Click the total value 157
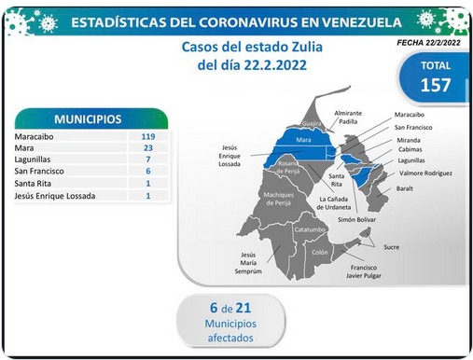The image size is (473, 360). click(x=436, y=85)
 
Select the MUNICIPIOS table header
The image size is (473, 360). click(x=88, y=119)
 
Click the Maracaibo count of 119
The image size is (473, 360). click(x=148, y=136)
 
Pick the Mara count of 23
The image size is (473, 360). click(x=148, y=148)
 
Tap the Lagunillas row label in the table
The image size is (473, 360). click(x=33, y=159)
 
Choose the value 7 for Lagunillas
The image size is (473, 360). click(x=148, y=159)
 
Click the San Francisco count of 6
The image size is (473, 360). click(x=148, y=171)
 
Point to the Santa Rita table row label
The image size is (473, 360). click(x=33, y=184)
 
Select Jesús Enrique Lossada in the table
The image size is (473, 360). click(x=55, y=196)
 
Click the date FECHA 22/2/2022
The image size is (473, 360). click(x=428, y=43)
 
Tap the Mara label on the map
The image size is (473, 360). click(x=303, y=140)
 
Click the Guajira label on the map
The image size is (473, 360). click(x=312, y=124)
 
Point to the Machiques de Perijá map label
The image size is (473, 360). click(x=278, y=199)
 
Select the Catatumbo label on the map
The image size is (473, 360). click(x=310, y=229)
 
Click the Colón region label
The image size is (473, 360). click(x=320, y=252)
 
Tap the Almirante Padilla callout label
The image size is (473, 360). click(x=348, y=118)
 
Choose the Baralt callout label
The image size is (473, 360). click(x=404, y=188)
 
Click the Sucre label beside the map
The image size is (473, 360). click(x=391, y=247)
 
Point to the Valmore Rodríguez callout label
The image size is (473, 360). click(x=425, y=173)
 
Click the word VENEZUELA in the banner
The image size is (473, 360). click(x=361, y=22)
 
